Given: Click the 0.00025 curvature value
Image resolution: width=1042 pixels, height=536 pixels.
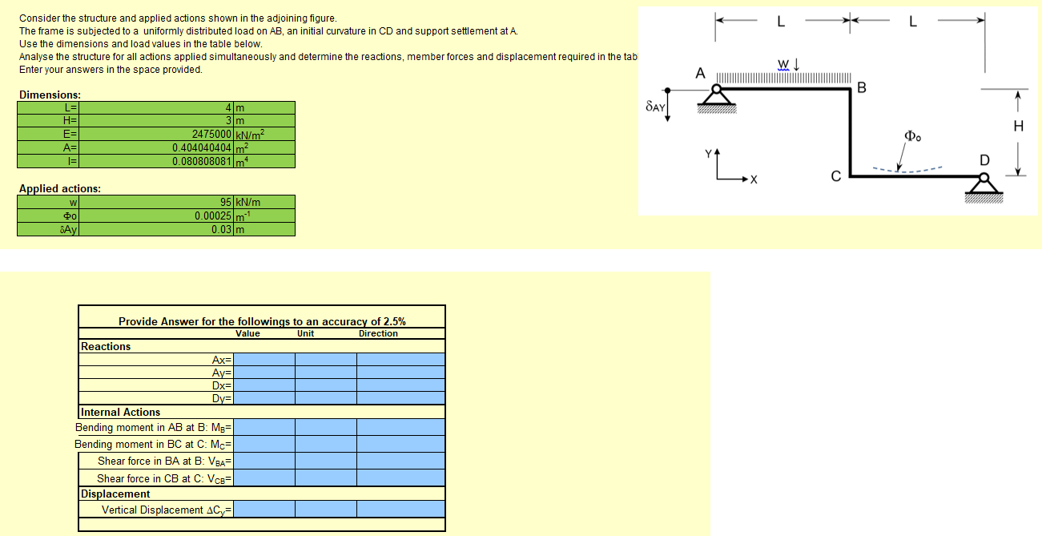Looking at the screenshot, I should (x=213, y=216).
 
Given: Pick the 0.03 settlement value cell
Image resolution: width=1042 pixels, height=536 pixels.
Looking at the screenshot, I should (x=222, y=229).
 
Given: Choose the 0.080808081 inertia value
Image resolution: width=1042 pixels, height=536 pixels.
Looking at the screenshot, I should (x=202, y=161).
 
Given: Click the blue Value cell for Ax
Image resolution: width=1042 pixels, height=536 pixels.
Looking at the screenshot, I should (x=264, y=360).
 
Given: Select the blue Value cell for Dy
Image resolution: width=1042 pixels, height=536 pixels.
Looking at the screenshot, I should (x=264, y=398).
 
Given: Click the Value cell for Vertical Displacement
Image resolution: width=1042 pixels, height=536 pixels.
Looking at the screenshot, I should (x=264, y=510).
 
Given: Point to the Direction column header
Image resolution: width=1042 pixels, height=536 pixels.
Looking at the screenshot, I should (x=378, y=333).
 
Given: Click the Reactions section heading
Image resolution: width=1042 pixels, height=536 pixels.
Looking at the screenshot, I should (x=106, y=347).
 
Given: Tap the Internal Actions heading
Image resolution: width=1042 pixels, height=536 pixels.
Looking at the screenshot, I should (x=120, y=412).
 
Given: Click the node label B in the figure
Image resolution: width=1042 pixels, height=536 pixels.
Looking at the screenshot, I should (x=862, y=87).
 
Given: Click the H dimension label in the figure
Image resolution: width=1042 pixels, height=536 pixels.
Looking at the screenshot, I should (x=1018, y=126).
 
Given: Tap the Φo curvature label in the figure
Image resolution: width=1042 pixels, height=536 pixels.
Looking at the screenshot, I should (x=913, y=135).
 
